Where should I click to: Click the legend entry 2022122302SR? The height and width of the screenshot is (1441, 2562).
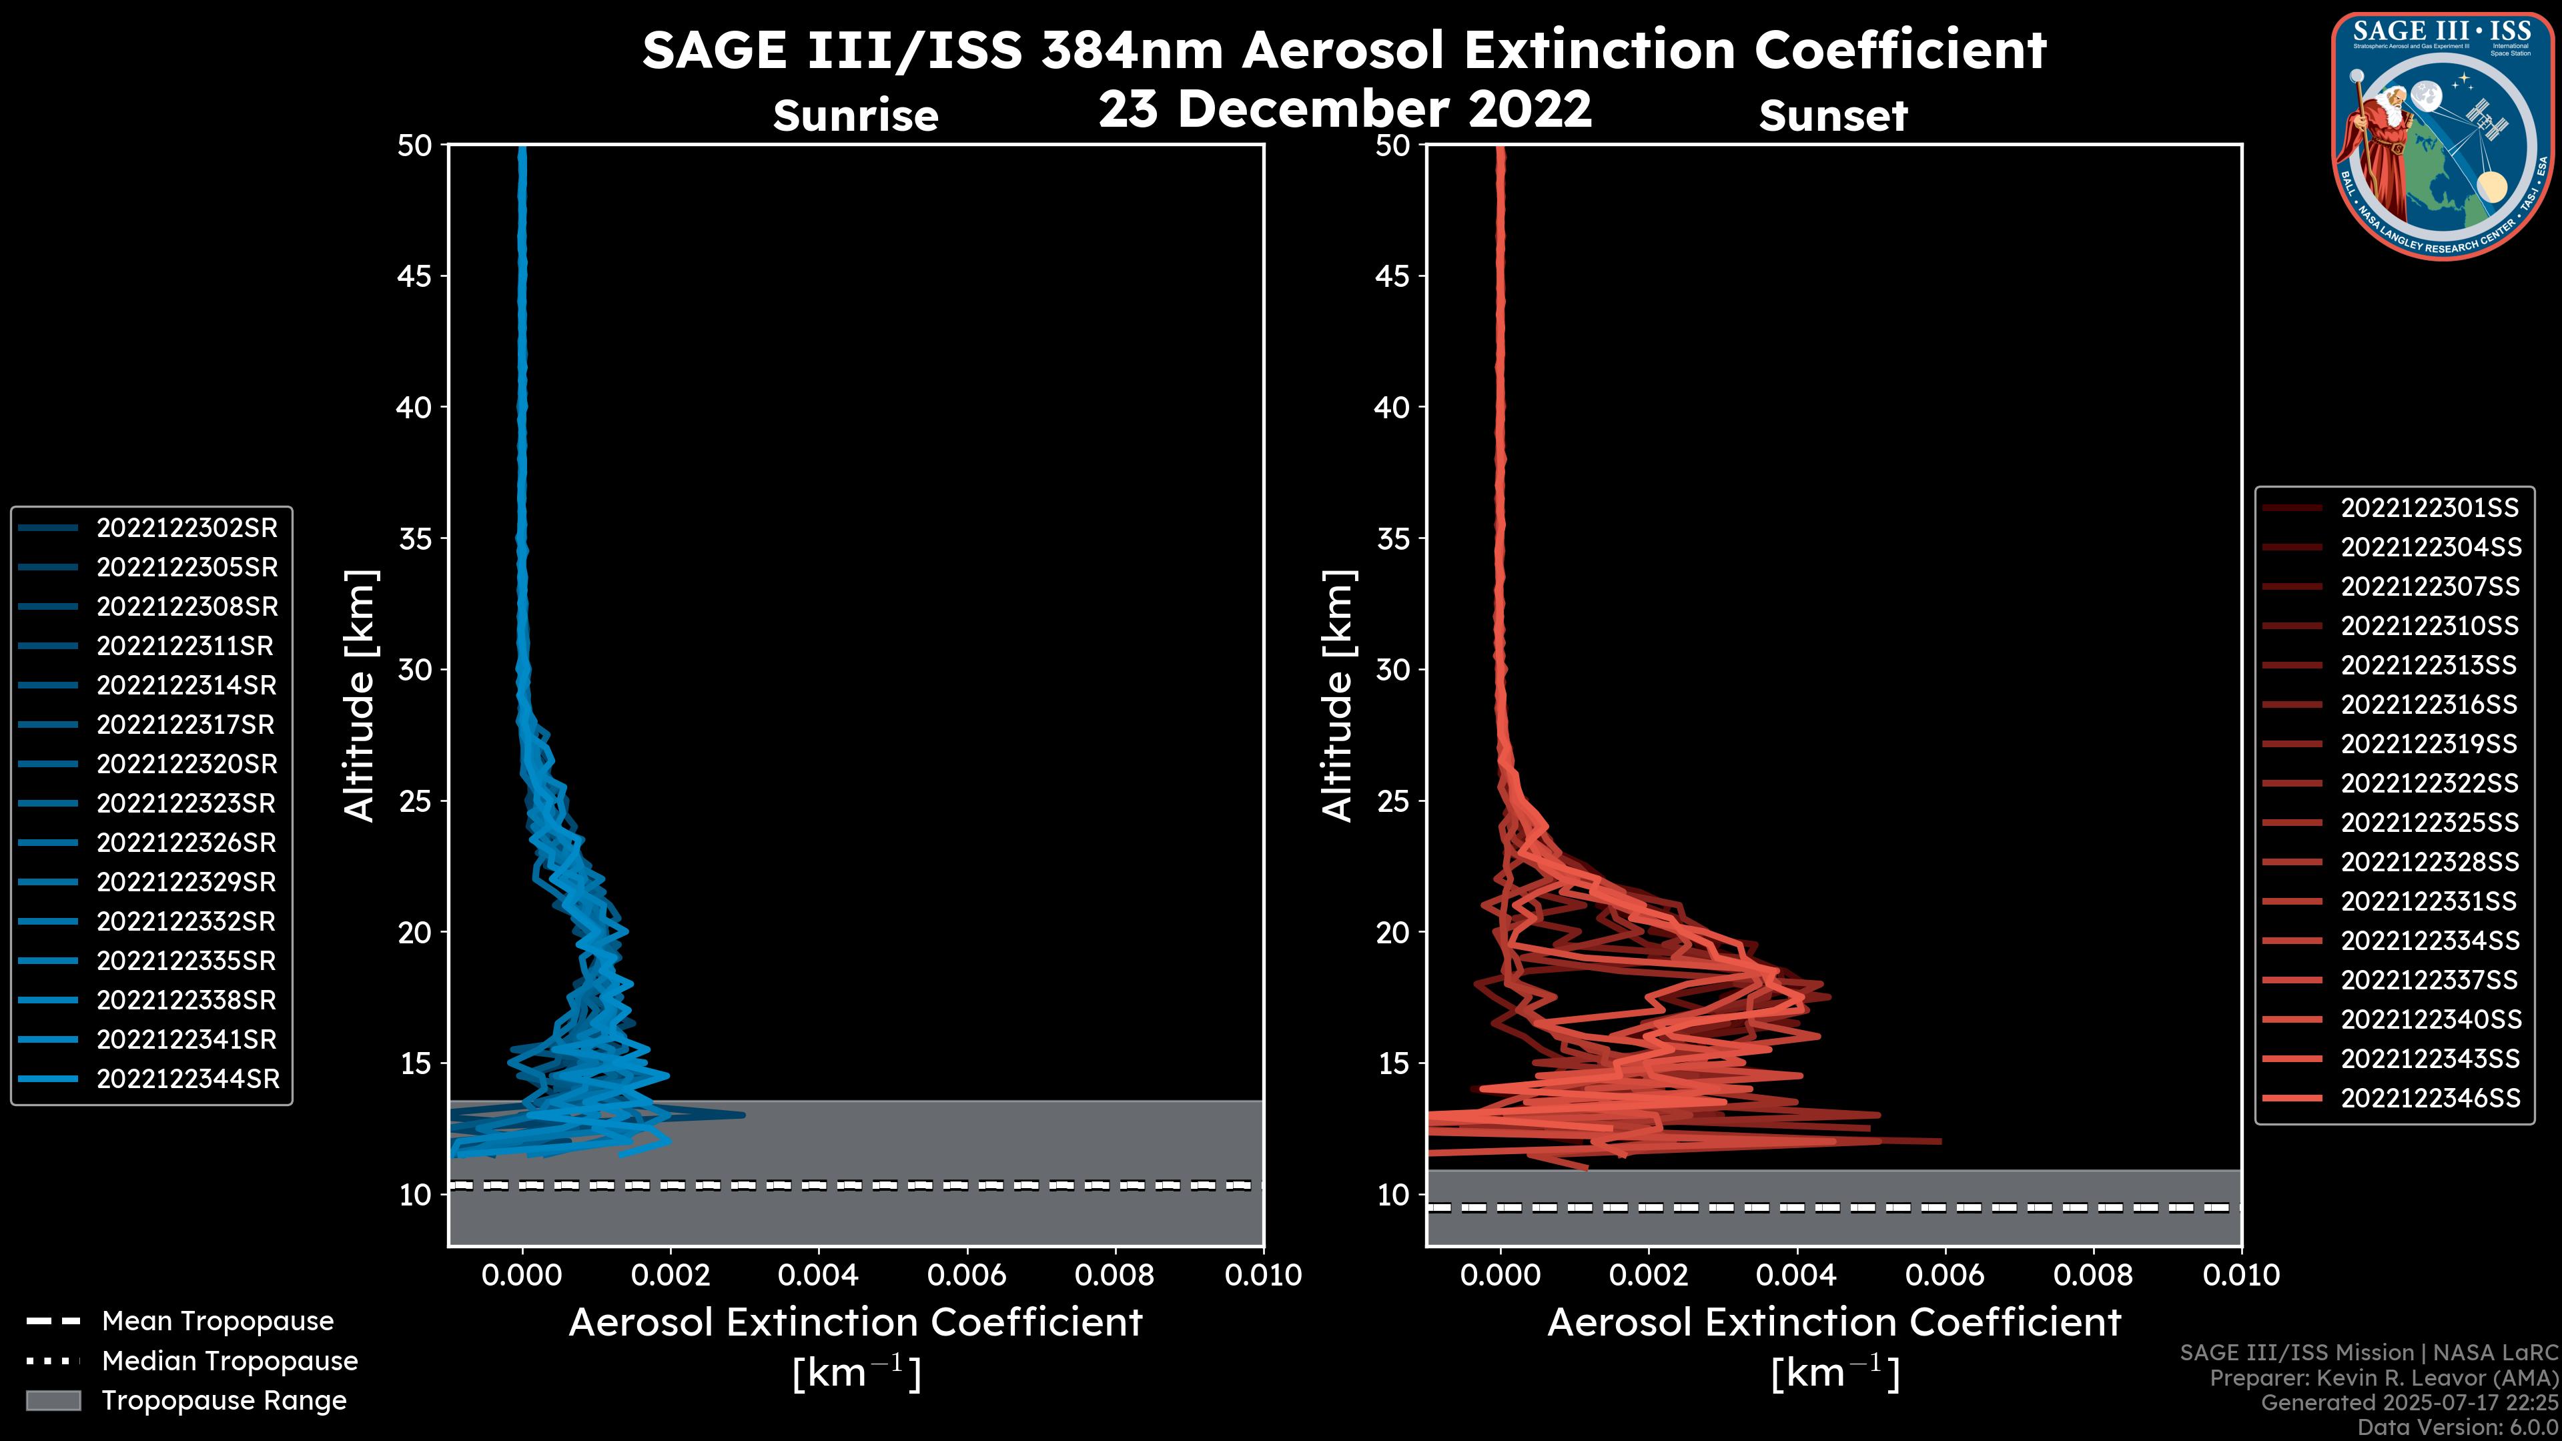(x=186, y=528)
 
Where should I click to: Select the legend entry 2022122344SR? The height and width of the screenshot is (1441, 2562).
(x=187, y=1079)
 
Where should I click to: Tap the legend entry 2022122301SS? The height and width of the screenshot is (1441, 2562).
(x=2429, y=508)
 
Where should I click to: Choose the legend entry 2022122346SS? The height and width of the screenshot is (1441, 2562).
(x=2430, y=1098)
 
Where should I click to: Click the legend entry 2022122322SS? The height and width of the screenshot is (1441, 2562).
(x=2429, y=784)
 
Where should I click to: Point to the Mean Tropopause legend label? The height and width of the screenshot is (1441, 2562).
(x=218, y=1321)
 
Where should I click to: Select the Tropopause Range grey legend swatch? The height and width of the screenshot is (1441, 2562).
(x=53, y=1400)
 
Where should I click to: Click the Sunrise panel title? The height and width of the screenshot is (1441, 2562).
(x=855, y=116)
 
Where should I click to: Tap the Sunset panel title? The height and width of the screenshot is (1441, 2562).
(x=1833, y=116)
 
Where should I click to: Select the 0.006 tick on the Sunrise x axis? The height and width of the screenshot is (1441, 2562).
(x=967, y=1275)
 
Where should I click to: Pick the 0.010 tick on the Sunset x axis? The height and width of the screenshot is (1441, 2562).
(x=2241, y=1275)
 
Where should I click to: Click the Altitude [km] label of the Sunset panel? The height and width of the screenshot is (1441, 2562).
(x=1338, y=696)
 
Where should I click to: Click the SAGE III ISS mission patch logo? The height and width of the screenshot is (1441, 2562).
(x=2442, y=136)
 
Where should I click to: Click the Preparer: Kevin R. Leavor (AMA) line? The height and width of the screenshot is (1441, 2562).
(x=2384, y=1378)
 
